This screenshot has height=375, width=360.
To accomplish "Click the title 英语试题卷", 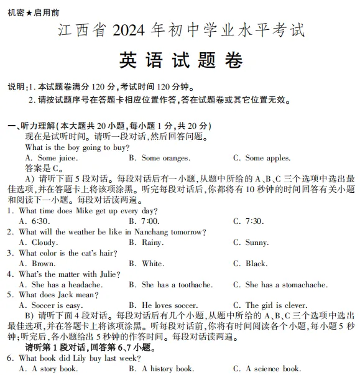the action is (x=180, y=61).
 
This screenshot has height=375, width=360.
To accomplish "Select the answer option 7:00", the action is (x=150, y=221).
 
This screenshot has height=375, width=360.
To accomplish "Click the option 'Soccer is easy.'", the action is (x=57, y=306).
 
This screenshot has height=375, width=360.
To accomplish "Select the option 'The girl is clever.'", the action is (x=276, y=306).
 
